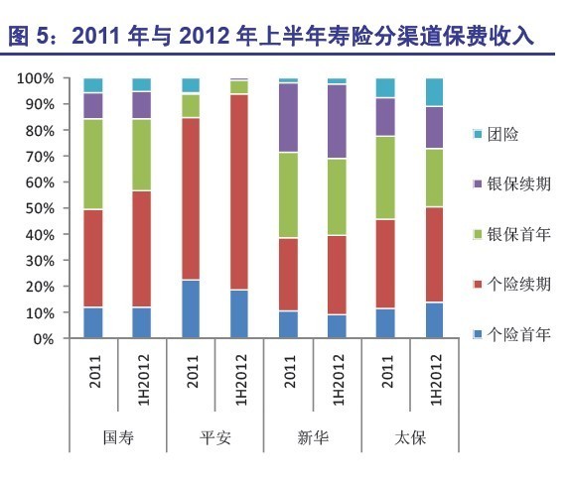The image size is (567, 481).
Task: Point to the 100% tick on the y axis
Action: [36, 78]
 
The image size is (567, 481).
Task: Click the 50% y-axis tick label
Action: [40, 208]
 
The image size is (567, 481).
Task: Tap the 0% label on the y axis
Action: [44, 339]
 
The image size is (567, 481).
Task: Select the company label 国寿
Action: [118, 437]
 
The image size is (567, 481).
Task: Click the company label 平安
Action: [215, 437]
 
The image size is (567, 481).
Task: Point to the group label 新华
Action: [313, 437]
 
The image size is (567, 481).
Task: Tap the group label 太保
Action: [410, 437]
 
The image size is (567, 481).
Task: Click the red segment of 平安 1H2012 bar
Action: [239, 192]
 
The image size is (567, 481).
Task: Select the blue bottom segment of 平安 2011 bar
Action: [191, 309]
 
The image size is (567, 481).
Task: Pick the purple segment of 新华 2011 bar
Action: [288, 118]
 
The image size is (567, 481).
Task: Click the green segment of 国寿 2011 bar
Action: [93, 165]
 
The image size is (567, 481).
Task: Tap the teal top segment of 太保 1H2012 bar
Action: [434, 92]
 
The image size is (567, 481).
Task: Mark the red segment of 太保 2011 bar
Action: [385, 264]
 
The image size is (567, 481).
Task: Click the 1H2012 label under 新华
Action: [338, 380]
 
